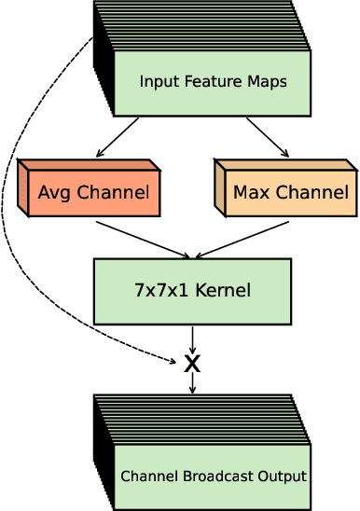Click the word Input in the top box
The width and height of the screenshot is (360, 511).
pos(157,82)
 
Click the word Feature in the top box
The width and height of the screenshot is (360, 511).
pos(203,82)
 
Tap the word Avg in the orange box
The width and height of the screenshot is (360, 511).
pos(54,194)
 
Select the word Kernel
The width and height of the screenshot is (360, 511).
pos(224,290)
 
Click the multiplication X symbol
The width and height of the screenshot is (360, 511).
pos(192,363)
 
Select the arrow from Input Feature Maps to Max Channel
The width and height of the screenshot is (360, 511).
pos(268,135)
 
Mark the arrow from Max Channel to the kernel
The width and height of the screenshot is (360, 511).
pos(241,239)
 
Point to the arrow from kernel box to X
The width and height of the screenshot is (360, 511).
pos(192,336)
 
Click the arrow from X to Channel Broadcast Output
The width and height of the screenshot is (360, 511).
pos(192,383)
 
